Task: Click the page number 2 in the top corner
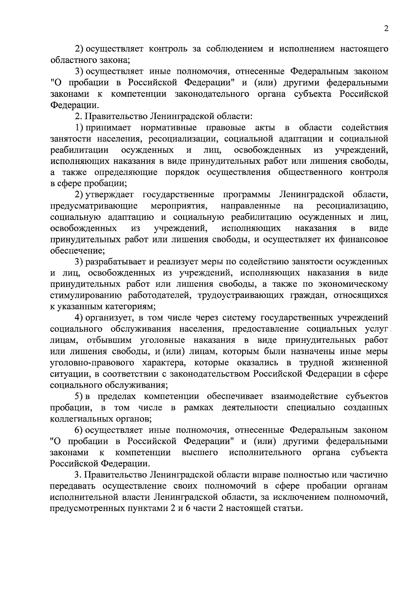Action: tap(386, 29)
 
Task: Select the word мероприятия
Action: tap(179, 206)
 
